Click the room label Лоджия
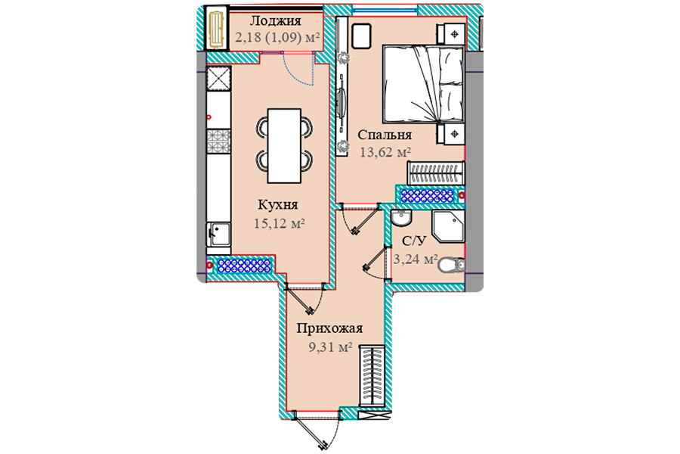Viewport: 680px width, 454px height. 275,20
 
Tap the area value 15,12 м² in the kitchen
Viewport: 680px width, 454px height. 279,224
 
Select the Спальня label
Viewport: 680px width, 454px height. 385,135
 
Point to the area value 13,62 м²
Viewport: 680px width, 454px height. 385,152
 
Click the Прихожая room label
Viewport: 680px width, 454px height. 329,328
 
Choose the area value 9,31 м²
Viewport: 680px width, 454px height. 329,347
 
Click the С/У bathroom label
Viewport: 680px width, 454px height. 415,241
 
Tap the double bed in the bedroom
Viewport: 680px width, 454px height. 423,84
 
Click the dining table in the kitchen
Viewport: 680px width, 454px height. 284,145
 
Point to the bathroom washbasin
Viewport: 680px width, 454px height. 400,217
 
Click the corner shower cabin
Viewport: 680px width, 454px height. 448,226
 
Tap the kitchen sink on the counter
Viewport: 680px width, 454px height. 218,234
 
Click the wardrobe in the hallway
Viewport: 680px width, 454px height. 372,376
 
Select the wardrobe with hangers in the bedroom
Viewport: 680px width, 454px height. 436,173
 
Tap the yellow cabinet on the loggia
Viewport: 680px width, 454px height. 216,29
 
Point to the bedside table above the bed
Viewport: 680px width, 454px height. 450,34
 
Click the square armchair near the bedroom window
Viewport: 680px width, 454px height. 361,36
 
